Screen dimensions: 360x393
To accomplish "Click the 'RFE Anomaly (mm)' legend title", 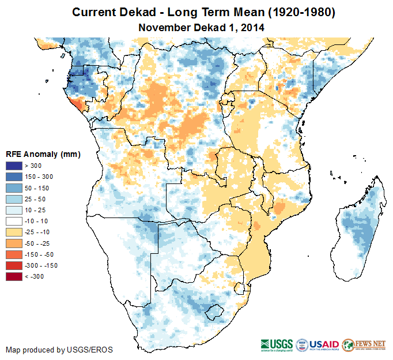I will pos(43,155).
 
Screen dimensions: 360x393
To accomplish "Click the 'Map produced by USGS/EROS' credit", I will pos(59,350).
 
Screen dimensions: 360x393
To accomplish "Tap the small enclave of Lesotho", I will pos(214,312).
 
